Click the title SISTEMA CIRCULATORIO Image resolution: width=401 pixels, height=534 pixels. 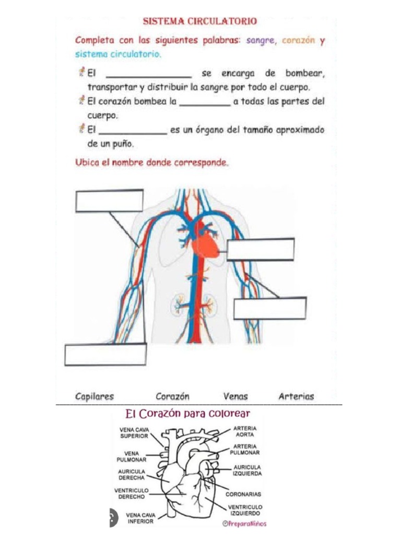200,21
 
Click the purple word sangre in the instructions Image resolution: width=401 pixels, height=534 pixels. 261,41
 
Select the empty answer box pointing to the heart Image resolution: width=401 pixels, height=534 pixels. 261,249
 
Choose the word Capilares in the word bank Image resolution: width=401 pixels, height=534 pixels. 95,396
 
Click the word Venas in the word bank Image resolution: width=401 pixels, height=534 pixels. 235,396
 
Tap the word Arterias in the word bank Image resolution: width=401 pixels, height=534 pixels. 297,396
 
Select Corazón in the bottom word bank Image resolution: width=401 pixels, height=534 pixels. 172,396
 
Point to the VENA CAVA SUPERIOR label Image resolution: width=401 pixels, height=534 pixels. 135,433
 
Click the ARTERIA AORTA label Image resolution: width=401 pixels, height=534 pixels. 244,431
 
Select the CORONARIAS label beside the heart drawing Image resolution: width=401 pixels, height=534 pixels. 243,493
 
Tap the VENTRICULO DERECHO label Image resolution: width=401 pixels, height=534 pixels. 131,493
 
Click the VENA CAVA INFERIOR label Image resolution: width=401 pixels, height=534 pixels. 140,518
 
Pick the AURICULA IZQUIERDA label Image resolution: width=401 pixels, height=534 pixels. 247,470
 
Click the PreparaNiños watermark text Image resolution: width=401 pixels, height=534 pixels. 244,523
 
